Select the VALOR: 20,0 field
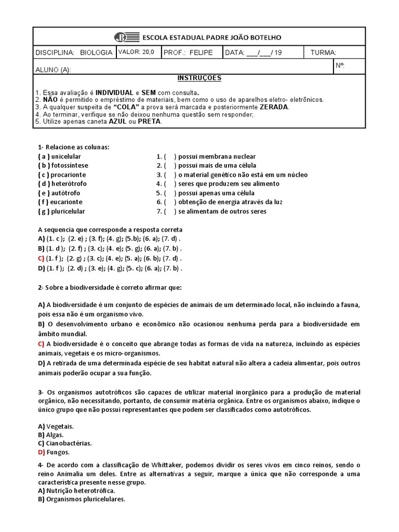(134, 52)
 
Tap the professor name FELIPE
(202, 53)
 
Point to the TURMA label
(323, 53)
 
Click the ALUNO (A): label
(52, 70)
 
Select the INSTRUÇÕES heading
(199, 78)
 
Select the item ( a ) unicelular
(59, 156)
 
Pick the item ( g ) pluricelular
(61, 211)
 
